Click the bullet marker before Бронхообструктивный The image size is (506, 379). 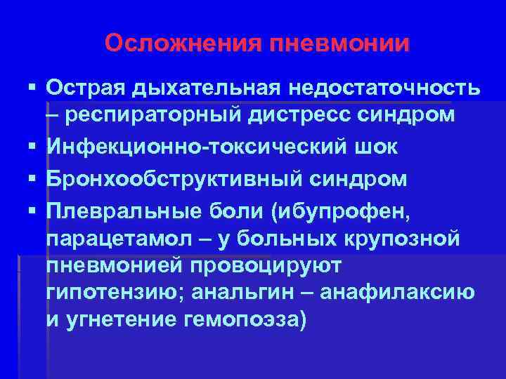[x=32, y=178]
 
